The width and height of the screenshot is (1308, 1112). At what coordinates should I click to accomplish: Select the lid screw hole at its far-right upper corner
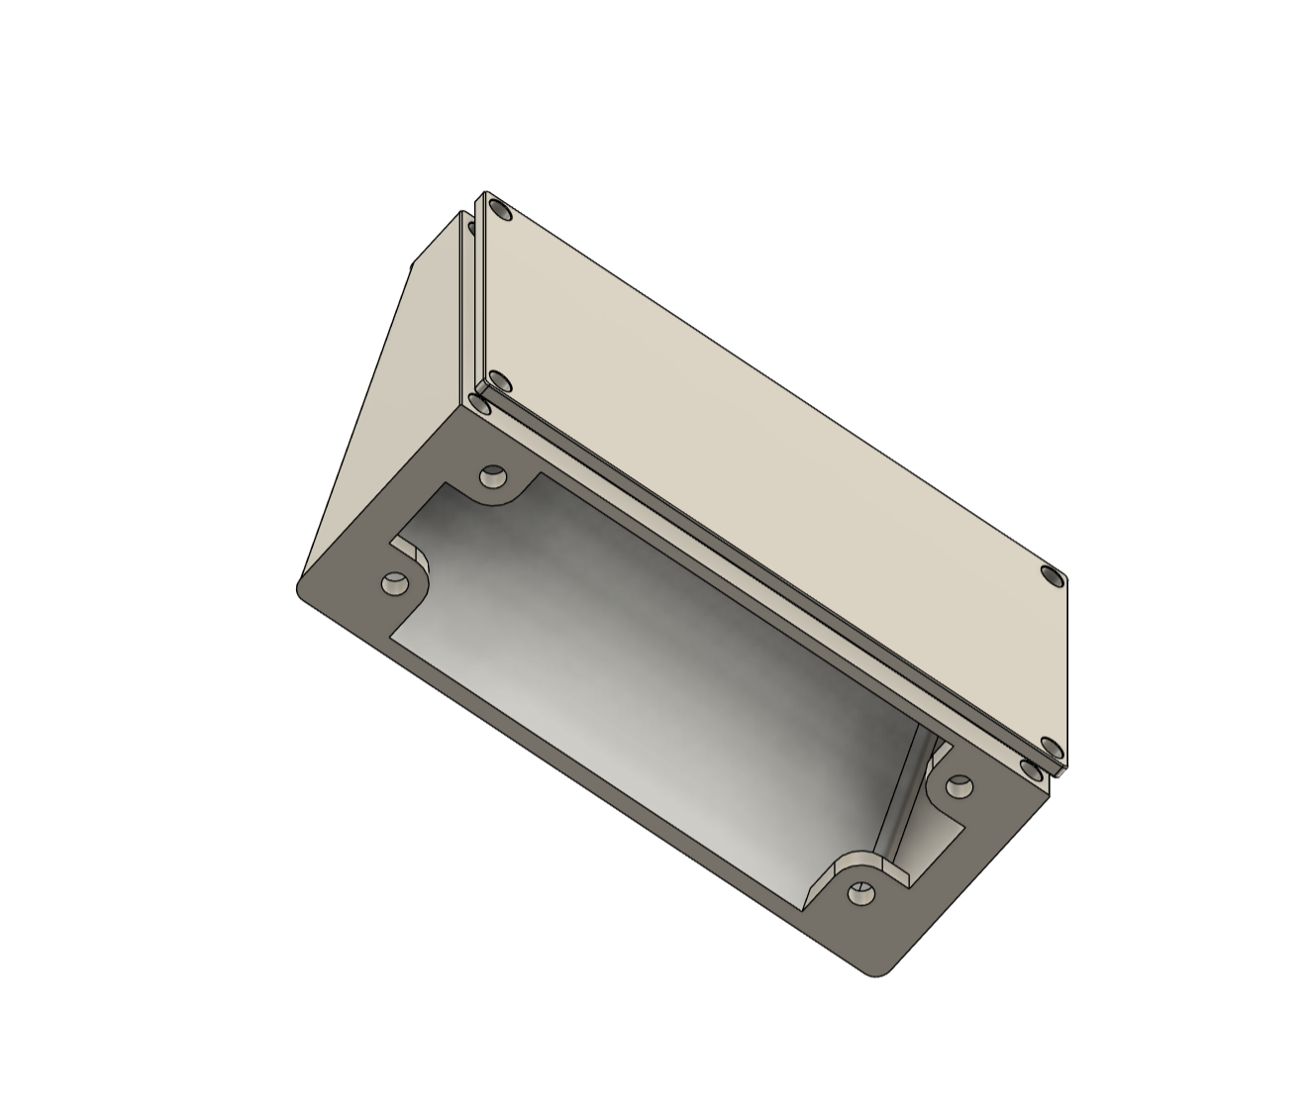(x=1052, y=575)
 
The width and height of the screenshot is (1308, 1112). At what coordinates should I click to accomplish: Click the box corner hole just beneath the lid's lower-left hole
(x=480, y=404)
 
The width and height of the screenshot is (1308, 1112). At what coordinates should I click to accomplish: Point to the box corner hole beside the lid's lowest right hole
(x=1033, y=768)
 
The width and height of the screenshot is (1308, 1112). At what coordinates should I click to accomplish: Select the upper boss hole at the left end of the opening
(x=491, y=477)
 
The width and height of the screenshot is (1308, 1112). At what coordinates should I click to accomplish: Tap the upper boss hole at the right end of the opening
(x=958, y=787)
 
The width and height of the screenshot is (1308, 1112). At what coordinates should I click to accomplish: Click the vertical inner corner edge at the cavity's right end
(x=903, y=792)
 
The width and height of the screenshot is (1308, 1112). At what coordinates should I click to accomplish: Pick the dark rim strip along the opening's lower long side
(x=594, y=782)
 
